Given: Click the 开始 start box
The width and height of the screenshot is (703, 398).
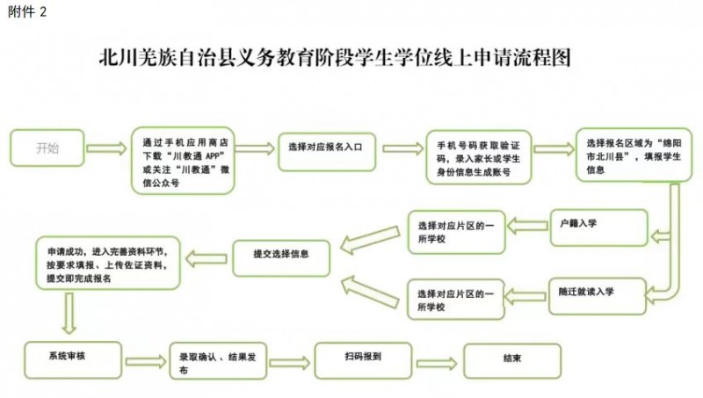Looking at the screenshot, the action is click(x=47, y=148).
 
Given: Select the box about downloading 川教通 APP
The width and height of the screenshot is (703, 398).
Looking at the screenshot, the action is click(x=183, y=161).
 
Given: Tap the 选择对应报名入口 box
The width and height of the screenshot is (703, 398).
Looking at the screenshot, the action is click(x=327, y=152).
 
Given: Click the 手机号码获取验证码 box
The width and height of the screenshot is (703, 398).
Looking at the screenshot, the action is click(x=478, y=157).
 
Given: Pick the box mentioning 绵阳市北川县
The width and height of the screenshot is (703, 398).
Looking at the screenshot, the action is click(x=634, y=156).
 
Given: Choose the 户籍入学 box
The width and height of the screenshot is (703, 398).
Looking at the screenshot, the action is click(x=599, y=228).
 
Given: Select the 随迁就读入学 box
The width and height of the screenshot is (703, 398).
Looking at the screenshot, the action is click(x=598, y=296).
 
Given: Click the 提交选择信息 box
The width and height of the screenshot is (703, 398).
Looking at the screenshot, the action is click(x=281, y=258).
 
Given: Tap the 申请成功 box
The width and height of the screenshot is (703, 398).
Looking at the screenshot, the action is click(x=108, y=263).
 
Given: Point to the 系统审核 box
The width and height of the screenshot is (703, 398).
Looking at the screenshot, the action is click(x=73, y=360).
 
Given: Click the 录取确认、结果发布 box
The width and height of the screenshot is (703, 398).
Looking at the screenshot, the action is click(x=218, y=361).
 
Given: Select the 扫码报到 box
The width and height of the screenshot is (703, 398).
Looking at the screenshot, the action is click(x=363, y=361).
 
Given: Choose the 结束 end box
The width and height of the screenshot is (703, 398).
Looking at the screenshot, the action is click(x=512, y=361).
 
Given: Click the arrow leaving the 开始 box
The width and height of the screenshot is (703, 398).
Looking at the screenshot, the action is click(x=106, y=148).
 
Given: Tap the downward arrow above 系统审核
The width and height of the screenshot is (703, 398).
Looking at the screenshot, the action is click(x=69, y=314).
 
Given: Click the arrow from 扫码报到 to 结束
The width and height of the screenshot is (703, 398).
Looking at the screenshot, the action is click(x=437, y=363).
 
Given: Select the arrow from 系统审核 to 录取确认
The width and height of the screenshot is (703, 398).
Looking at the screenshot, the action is click(x=146, y=361).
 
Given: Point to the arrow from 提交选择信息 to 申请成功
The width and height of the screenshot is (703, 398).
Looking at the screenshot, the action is click(x=206, y=258).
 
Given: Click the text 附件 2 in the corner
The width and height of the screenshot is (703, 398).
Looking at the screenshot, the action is click(x=27, y=11).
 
